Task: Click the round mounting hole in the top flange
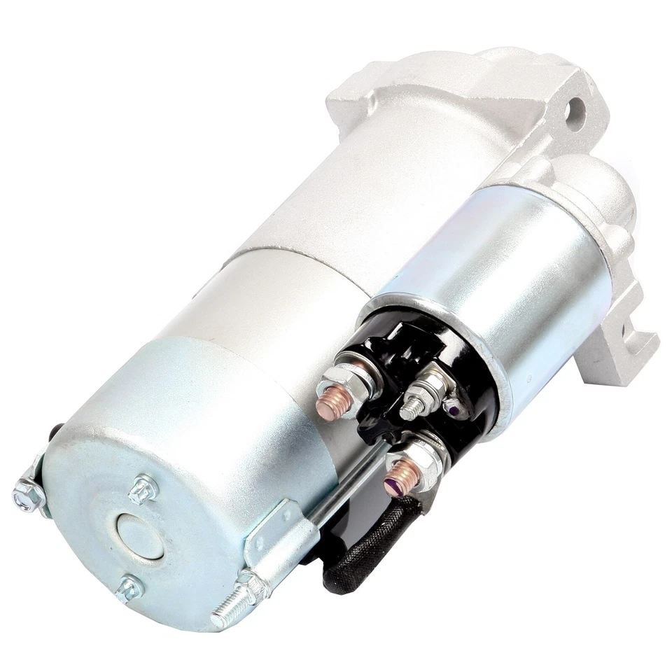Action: click(x=576, y=108)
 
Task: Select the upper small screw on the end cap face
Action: click(x=143, y=488)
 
